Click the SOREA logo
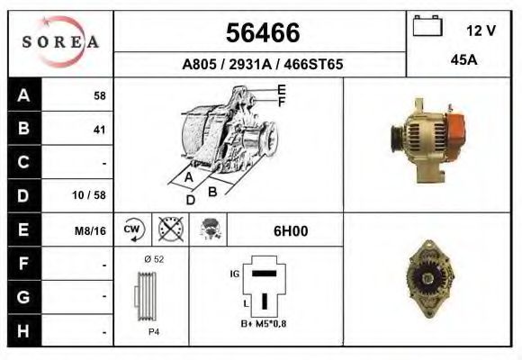60,42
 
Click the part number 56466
262,33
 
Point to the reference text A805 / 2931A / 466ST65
262,65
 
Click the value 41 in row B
99,130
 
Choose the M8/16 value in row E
91,230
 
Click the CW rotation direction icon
131,230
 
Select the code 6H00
291,230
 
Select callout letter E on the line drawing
282,89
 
